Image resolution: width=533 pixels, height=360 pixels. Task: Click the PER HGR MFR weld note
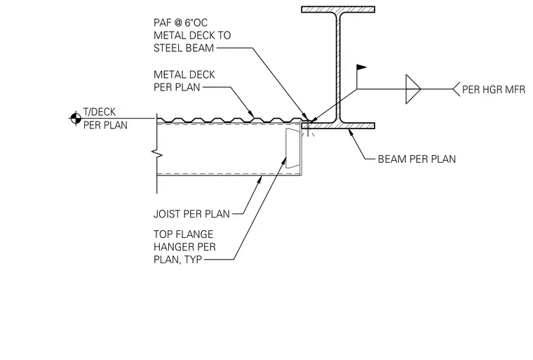coord(494,90)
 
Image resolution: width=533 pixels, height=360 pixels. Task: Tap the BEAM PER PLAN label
coord(417,159)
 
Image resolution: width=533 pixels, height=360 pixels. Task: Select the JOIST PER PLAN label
coord(191,214)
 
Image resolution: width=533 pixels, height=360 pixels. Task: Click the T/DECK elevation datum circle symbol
coord(76,119)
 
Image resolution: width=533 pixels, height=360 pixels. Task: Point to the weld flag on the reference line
coord(361,67)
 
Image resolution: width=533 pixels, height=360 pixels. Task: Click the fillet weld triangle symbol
coord(413,89)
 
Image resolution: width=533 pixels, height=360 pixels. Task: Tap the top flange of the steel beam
coord(338,10)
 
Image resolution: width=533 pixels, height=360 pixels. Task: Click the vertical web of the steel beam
coord(338,67)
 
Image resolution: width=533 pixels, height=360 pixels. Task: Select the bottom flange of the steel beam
coord(338,126)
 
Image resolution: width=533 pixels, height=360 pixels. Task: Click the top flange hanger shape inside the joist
coord(293,148)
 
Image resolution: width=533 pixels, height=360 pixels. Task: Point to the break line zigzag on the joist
coord(158,154)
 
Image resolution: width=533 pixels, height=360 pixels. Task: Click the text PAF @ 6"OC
coord(180,22)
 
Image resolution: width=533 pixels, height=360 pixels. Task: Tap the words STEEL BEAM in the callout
coord(184,48)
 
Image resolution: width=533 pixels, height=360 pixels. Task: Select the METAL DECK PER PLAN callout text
coord(184,81)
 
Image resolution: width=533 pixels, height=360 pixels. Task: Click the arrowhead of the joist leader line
coord(259,180)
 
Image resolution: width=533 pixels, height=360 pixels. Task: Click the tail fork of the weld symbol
coord(456,89)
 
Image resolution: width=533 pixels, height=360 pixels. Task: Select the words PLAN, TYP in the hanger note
coord(177,260)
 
